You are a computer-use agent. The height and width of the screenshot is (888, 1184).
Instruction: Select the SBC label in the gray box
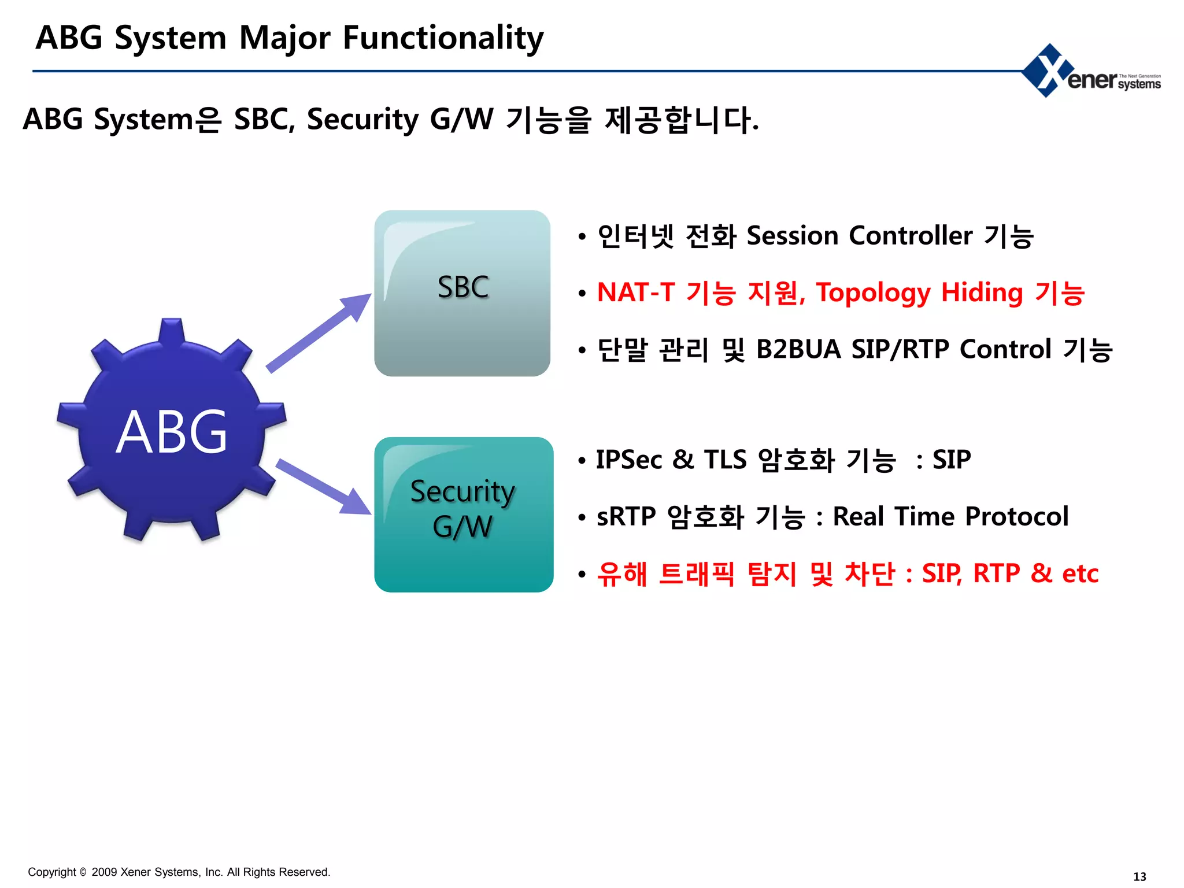463,287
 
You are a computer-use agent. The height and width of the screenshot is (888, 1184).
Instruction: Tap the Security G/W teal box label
463,509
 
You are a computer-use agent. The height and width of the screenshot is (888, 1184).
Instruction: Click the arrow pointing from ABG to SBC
318,334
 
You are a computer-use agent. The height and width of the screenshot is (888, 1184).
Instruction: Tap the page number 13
1139,876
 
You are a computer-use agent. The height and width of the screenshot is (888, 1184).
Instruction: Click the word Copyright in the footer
52,872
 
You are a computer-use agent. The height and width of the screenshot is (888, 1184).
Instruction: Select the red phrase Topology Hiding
919,293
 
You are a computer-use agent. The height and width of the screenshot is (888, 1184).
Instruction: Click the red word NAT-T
635,293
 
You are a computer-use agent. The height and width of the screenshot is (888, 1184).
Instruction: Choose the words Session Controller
859,236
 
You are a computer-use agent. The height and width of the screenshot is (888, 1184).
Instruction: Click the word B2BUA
798,349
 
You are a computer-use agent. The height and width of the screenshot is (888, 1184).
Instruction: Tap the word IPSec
629,460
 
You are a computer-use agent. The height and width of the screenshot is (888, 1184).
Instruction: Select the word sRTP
626,516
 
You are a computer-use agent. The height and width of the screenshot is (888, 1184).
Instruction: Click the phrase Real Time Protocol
950,516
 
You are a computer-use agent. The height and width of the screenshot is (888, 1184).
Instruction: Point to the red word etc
1080,573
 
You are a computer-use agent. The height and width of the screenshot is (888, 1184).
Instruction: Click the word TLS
725,460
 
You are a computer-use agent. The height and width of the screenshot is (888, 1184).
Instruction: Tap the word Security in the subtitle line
362,120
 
